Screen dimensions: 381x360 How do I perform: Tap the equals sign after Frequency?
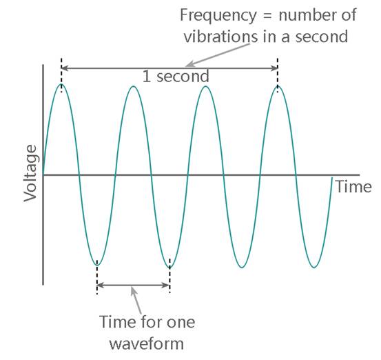click(x=267, y=16)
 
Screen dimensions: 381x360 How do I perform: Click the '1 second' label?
click(x=176, y=77)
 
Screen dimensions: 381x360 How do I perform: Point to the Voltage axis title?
click(x=30, y=173)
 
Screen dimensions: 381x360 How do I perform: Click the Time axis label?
click(x=353, y=187)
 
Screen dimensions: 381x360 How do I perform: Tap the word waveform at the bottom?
click(x=147, y=344)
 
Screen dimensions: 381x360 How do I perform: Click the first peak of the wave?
click(x=61, y=85)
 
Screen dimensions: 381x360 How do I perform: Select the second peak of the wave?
click(x=134, y=87)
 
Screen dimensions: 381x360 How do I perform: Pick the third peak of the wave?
click(x=205, y=87)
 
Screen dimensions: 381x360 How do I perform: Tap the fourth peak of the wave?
click(x=278, y=87)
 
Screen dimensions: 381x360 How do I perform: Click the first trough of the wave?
click(x=97, y=265)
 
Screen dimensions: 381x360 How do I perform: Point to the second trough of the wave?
click(x=169, y=267)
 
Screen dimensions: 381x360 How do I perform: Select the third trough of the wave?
click(x=242, y=268)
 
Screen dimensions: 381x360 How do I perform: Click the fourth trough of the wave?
click(x=314, y=268)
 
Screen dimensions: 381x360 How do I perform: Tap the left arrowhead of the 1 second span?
click(x=65, y=68)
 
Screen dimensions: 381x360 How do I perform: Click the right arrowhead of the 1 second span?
click(x=275, y=68)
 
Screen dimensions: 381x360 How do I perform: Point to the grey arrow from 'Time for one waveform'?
click(x=136, y=301)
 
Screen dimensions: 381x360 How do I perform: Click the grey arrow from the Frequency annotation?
click(x=218, y=55)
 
